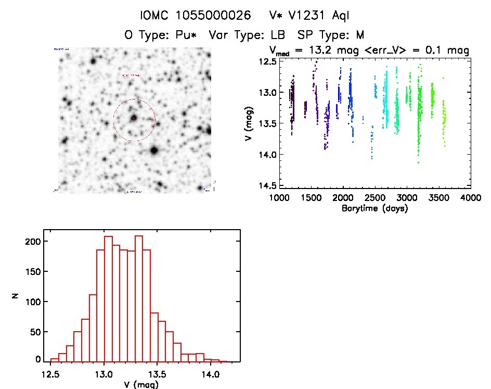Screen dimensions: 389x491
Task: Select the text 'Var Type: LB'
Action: (249, 35)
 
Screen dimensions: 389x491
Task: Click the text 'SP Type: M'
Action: (330, 35)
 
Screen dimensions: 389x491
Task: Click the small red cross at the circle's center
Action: (134, 119)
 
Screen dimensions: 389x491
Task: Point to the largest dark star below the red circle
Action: (154, 150)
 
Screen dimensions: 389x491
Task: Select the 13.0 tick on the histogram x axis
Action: (105, 373)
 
